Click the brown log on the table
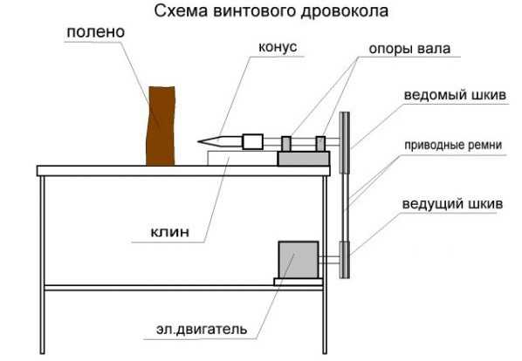click(x=161, y=126)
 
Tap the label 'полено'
click(x=96, y=32)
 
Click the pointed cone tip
click(x=198, y=142)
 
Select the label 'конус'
click(x=278, y=47)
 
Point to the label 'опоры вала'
click(x=409, y=49)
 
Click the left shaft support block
click(x=286, y=144)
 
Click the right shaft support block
click(x=320, y=144)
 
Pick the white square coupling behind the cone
click(x=252, y=141)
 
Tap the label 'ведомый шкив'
click(x=455, y=95)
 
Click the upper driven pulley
click(x=345, y=143)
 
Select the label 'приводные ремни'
click(x=453, y=146)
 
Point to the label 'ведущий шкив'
click(x=452, y=203)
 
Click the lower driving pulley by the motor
click(x=345, y=260)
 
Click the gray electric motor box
click(x=299, y=260)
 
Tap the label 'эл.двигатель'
click(x=202, y=329)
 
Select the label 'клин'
click(x=170, y=232)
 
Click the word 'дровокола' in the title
click(x=345, y=10)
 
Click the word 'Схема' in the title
click(x=182, y=10)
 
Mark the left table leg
click(x=42, y=264)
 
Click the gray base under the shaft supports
click(x=304, y=159)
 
